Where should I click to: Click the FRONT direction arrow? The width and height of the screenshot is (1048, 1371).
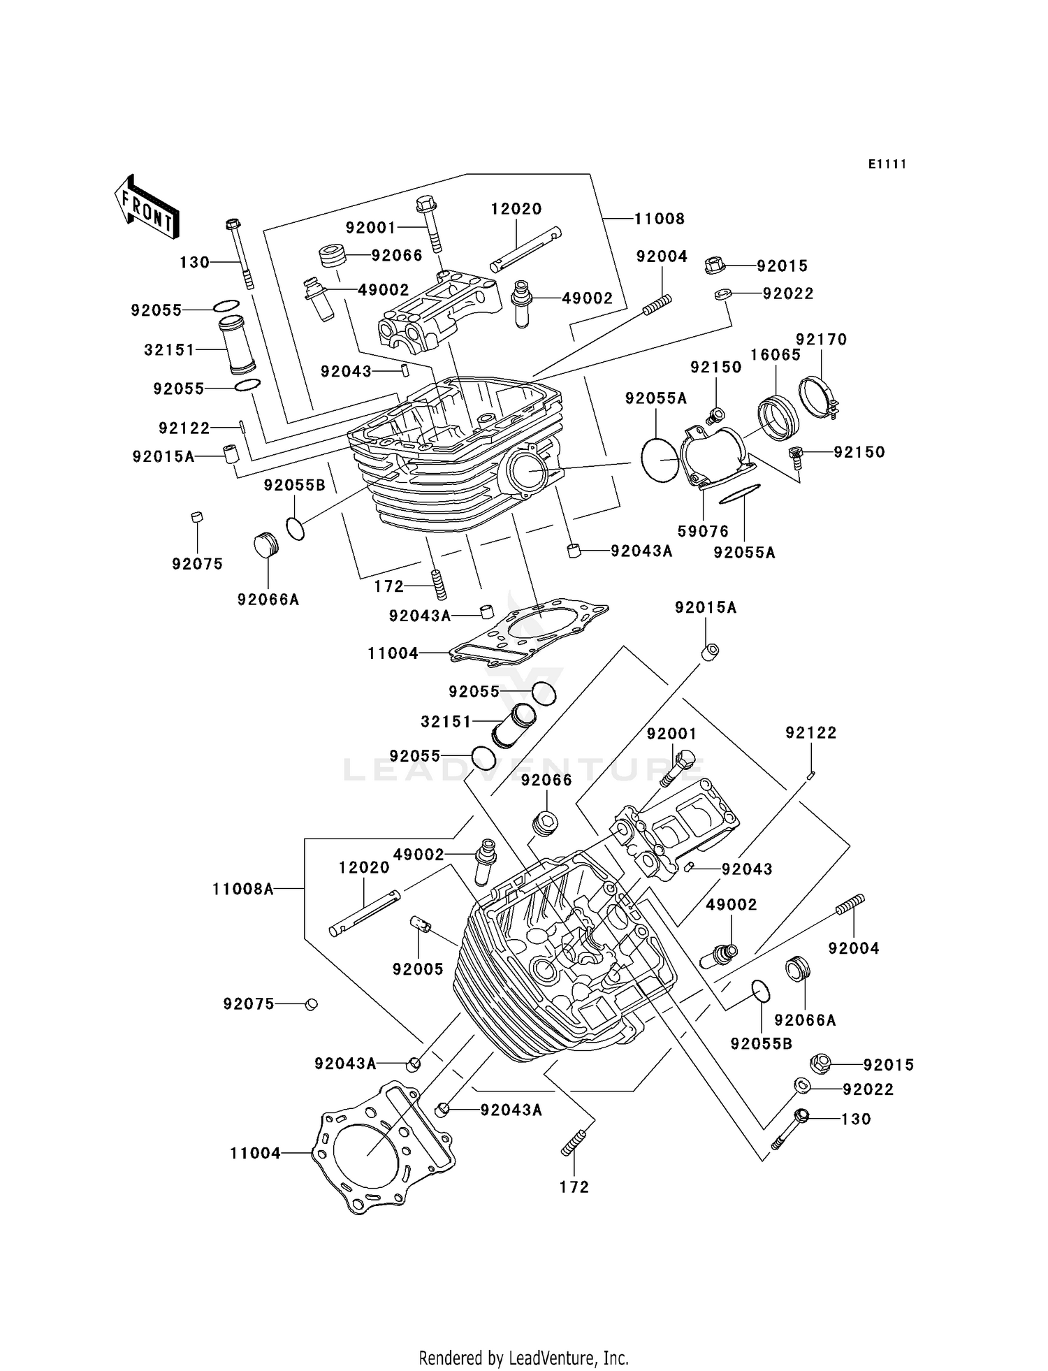coord(147,208)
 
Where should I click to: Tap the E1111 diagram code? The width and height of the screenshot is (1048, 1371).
coord(887,164)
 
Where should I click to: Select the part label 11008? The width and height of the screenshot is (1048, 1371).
coord(659,219)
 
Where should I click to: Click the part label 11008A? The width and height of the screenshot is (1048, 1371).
coord(242,889)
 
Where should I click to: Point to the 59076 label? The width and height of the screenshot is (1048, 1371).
coord(703,531)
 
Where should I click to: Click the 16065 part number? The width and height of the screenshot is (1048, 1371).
coord(776,355)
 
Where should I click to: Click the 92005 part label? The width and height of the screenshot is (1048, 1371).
coord(418,969)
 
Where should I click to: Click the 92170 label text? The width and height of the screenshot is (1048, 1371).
coord(821,340)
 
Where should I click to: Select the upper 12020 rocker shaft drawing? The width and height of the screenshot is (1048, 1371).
coord(526,247)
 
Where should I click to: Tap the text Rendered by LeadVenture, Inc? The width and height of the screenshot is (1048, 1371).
coord(523,1358)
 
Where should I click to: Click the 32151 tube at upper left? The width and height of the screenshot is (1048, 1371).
coord(238,345)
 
